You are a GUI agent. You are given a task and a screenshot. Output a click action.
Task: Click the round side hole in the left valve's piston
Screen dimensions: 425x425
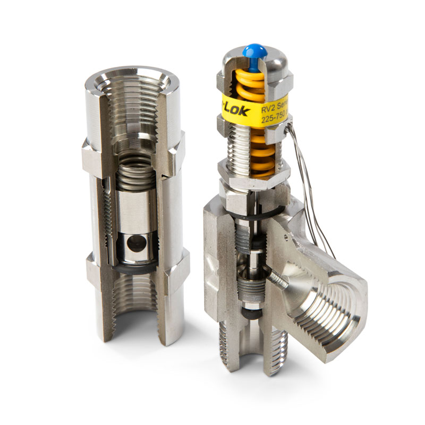[137, 243]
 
